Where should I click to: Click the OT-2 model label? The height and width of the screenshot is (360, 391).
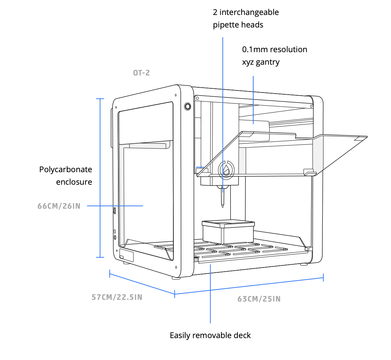[141, 73]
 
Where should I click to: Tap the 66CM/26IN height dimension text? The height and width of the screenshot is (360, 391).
[59, 206]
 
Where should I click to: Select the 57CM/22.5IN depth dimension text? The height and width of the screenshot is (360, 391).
[117, 297]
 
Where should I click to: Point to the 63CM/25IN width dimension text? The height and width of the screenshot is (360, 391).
[259, 299]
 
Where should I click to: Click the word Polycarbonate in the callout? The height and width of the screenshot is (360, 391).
[66, 169]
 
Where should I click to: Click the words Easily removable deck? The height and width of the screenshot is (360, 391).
[210, 335]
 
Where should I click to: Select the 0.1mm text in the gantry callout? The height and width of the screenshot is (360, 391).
[255, 49]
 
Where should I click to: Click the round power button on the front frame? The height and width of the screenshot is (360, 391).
[187, 106]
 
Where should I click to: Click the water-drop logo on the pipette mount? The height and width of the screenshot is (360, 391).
[226, 170]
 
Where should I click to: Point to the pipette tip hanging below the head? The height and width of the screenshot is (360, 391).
[222, 200]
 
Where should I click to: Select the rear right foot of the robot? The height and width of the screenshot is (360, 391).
[304, 264]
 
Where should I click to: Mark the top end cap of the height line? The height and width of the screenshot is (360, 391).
[100, 99]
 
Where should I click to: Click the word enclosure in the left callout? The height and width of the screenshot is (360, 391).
[74, 182]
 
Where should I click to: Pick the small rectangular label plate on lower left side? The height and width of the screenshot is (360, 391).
[126, 256]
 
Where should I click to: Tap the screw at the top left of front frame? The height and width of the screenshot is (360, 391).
[175, 95]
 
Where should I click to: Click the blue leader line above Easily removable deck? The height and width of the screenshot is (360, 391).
[210, 296]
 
